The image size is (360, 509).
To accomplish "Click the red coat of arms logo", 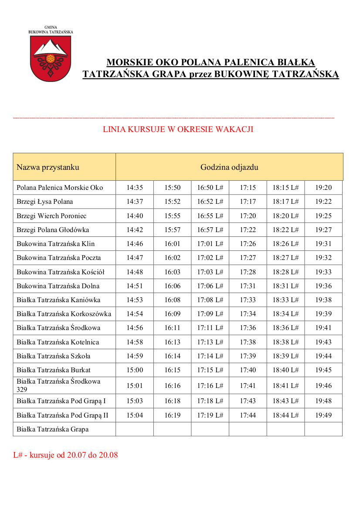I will coord(51,58).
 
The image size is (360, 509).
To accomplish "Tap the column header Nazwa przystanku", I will coord(48,167).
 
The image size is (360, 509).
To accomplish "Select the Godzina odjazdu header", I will coord(229,167).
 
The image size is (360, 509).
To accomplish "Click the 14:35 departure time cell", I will coord(135,188).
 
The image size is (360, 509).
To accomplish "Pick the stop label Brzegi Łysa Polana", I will coord(45,202).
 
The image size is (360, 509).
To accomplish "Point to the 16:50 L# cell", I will coord(210,188).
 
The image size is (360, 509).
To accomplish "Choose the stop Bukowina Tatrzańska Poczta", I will coord(59,258).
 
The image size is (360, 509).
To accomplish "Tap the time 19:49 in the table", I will coord(323,415).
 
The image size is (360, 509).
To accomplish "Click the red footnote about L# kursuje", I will coord(65,455).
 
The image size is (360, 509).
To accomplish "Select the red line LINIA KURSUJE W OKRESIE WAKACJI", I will coord(178,129).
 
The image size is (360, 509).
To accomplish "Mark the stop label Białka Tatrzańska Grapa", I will coord(53,429).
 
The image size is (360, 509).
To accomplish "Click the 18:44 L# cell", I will coord(285,415).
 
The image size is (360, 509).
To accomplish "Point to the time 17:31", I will coord(248,286).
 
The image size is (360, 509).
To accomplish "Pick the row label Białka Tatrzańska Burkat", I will coord(54,370).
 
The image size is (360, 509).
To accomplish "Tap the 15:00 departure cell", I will coord(135,370).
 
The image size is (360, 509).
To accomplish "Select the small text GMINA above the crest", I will coord(51,27).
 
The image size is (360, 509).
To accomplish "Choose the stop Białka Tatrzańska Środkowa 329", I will coord(58,385).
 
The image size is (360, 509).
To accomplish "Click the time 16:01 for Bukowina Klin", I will coord(172,244).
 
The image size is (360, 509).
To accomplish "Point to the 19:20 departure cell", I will coord(323,188).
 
